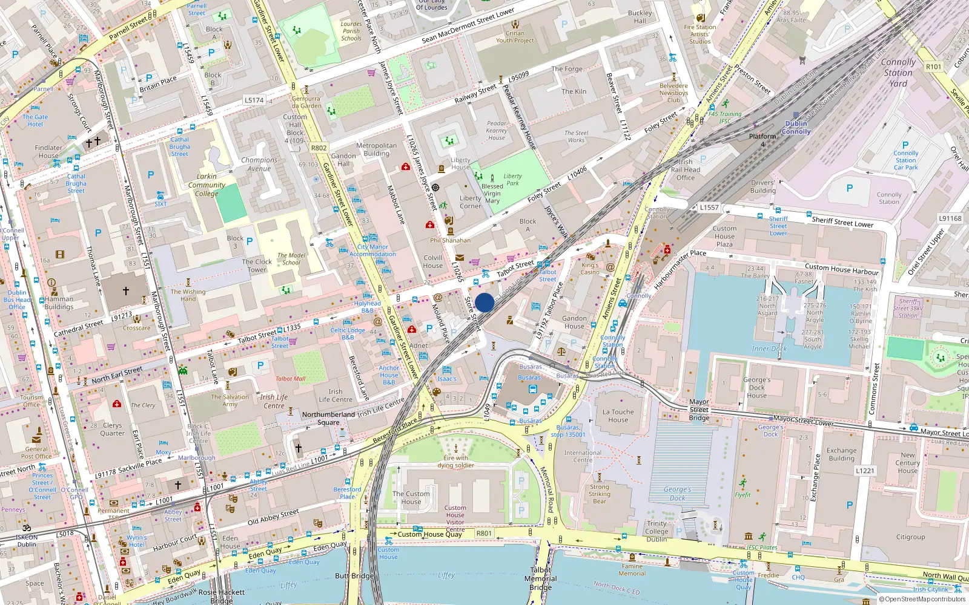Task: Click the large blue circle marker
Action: [484, 302]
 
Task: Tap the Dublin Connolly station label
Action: [796, 127]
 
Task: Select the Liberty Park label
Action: [512, 180]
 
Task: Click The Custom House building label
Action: [411, 497]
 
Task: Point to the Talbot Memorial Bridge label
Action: [540, 578]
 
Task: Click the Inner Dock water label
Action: [769, 348]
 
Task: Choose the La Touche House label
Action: [618, 416]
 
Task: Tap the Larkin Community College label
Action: [207, 185]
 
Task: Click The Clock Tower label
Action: [256, 266]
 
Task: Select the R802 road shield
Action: [319, 148]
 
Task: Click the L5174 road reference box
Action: [254, 100]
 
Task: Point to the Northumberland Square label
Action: [328, 418]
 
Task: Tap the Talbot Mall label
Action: [290, 379]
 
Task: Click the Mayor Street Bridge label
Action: [699, 410]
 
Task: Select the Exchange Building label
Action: [841, 454]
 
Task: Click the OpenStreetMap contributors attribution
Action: [922, 599]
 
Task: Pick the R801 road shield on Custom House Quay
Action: [484, 533]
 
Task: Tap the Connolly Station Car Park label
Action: [905, 160]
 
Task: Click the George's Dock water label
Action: [676, 494]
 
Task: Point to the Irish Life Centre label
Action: [274, 401]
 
